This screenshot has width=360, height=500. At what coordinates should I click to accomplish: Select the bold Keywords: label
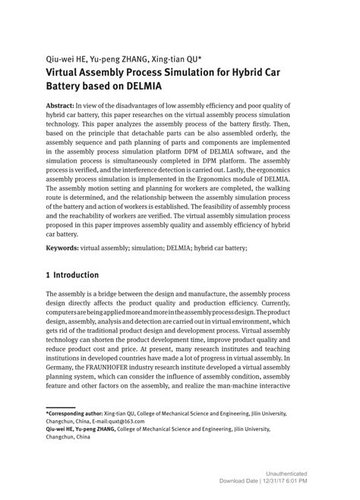coord(66,247)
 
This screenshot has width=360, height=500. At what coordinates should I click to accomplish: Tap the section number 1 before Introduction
coord(49,274)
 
